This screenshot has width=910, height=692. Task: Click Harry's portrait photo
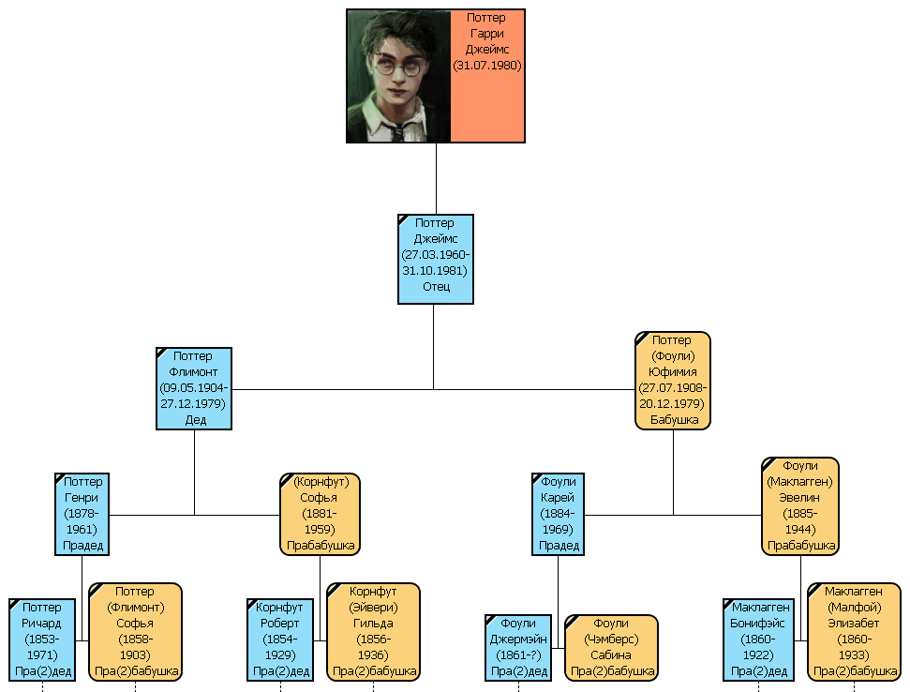coord(398,76)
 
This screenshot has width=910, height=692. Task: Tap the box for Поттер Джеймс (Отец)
coord(436,259)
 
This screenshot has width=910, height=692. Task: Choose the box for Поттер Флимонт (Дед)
coord(194,388)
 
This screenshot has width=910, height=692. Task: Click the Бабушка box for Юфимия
coord(673,381)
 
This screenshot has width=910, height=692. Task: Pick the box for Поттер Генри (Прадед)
coord(82,514)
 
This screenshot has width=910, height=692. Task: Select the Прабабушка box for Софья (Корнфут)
coord(320,514)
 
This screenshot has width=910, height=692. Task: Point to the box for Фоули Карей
coord(558,514)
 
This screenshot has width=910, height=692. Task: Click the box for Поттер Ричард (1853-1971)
coord(41,639)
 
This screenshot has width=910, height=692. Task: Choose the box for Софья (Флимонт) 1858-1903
coord(135,631)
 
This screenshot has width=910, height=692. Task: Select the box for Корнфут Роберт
coord(280,639)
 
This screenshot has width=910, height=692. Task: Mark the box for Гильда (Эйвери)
coord(373,631)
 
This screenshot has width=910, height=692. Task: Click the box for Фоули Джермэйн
coord(518,647)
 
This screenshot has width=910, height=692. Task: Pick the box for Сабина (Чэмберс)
coord(611,647)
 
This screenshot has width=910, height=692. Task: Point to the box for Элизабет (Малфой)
coord(854,631)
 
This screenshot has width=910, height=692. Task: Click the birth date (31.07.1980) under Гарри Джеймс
coord(486,67)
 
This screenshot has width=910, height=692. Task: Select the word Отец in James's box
coord(436,287)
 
